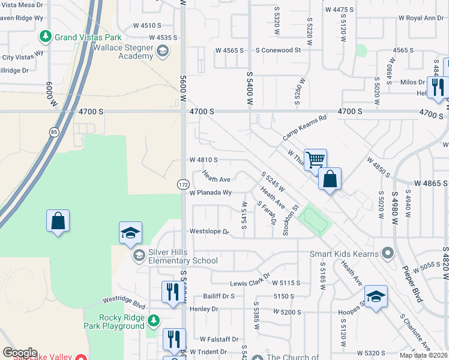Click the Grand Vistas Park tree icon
coord(46,37)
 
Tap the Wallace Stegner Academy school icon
coord(161,52)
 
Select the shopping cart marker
coord(315,160)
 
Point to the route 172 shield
coord(184,185)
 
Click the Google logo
coord(20,353)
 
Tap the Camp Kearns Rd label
coord(306,128)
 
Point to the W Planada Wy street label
coord(210,193)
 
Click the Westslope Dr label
coord(209,231)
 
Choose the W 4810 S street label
coord(203,160)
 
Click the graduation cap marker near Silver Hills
coord(130,233)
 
